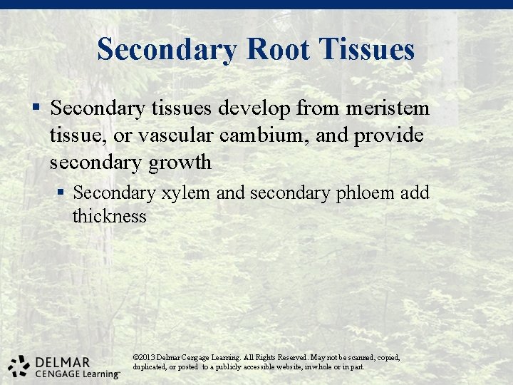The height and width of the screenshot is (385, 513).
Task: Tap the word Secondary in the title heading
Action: coord(168,49)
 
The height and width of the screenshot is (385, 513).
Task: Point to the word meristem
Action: coord(388,108)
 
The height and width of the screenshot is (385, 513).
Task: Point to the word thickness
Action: coord(109,216)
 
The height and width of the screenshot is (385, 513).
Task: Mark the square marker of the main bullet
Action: coord(36,109)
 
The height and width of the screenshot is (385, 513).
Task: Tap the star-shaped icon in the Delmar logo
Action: coord(19,364)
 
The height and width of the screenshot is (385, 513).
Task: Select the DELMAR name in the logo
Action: coord(61,361)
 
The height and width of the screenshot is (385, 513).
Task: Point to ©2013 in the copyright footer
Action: coord(145,356)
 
